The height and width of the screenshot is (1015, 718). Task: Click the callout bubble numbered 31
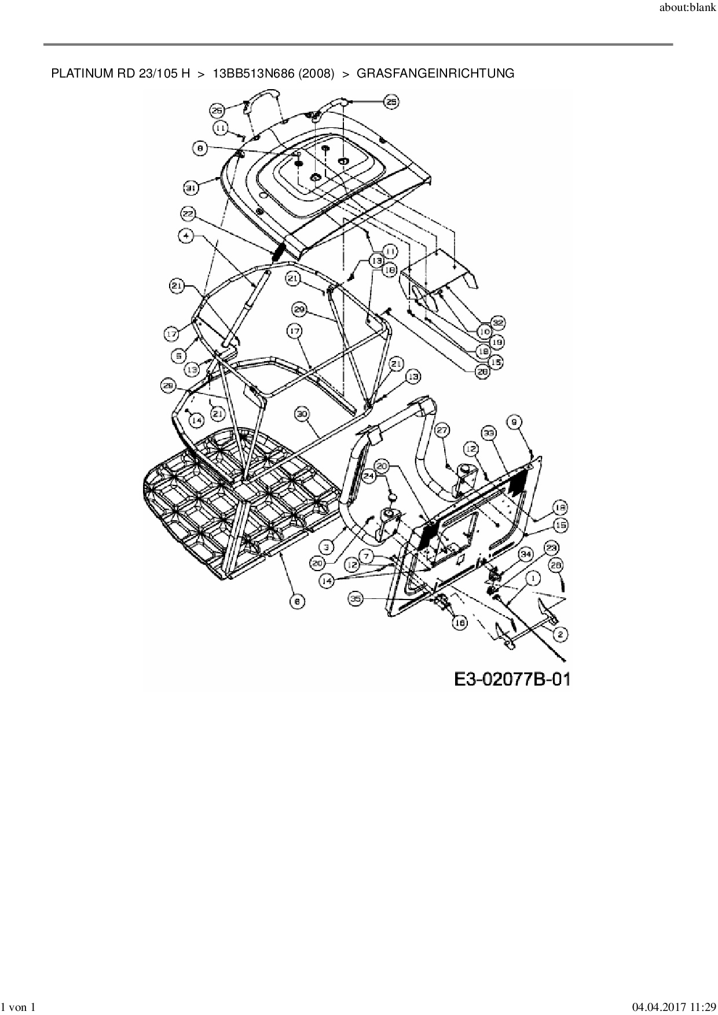click(x=191, y=187)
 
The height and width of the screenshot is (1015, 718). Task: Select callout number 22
click(x=187, y=214)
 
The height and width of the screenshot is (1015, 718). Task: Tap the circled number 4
click(x=186, y=236)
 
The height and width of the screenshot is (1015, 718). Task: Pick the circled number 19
click(x=497, y=342)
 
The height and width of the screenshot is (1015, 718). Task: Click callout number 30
click(x=302, y=414)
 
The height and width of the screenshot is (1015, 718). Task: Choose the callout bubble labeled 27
click(x=442, y=430)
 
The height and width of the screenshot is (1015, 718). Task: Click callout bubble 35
click(x=356, y=600)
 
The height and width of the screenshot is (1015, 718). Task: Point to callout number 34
click(x=525, y=554)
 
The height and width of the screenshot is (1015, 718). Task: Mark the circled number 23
click(x=551, y=547)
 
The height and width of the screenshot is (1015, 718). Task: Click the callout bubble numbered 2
click(x=560, y=634)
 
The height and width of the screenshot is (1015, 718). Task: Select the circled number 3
click(x=327, y=546)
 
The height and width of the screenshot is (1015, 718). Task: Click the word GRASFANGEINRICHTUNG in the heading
click(x=435, y=73)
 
